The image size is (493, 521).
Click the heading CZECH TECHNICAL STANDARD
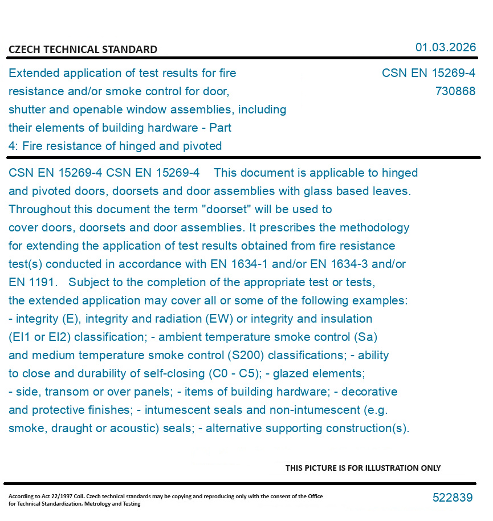[x=83, y=50]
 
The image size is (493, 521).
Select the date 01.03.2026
[x=445, y=47]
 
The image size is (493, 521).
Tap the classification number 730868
[x=455, y=91]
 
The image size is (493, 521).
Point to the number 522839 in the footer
[x=453, y=498]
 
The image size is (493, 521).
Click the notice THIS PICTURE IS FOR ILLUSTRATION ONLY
[x=363, y=468]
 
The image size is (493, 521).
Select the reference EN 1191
[x=33, y=282]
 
